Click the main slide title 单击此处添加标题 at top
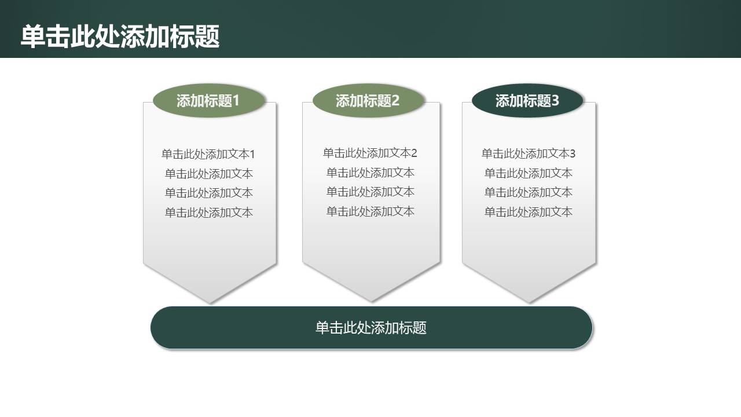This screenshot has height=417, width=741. tap(120, 36)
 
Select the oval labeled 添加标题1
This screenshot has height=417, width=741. tap(208, 101)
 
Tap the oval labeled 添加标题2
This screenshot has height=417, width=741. tap(368, 101)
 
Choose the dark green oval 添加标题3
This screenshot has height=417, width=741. tap(527, 101)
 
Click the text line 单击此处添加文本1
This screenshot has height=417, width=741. tap(208, 154)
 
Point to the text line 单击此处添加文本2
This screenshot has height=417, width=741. tap(370, 153)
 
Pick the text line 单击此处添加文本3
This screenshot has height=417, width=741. tap(529, 153)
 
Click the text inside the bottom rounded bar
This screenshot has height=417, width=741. tap(371, 328)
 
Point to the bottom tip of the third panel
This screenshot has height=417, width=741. tap(529, 301)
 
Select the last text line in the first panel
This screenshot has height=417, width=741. tap(209, 213)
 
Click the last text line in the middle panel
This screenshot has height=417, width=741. tap(370, 211)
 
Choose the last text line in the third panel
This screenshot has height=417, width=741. tap(529, 212)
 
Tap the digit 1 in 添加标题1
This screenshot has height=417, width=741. tap(236, 101)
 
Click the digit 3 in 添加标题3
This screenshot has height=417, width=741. tap(556, 101)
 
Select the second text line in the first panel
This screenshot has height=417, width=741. tap(209, 174)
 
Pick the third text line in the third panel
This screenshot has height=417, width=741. tap(529, 192)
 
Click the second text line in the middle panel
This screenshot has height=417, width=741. tap(370, 173)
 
